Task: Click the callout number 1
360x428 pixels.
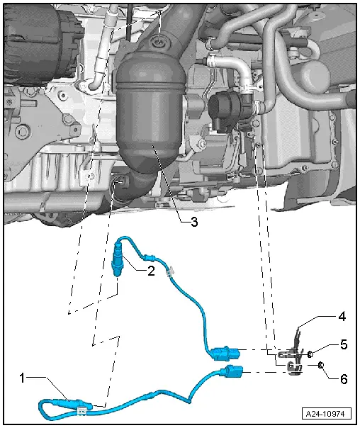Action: coord(22,378)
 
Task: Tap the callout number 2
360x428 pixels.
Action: coord(151,271)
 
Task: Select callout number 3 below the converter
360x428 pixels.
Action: coord(194,222)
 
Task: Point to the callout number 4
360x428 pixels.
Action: coord(342,317)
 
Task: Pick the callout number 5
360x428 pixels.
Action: coord(344,344)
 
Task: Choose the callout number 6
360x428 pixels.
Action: coord(344,379)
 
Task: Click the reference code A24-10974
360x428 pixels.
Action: coord(327,414)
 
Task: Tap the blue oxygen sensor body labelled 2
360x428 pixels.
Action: coord(118,261)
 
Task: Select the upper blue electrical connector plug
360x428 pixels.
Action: coord(225,353)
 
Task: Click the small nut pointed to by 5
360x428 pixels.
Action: coord(310,354)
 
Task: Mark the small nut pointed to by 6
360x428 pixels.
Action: coord(321,365)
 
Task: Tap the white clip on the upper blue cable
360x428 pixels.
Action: coord(169,271)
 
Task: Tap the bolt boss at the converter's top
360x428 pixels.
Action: coord(159,42)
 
